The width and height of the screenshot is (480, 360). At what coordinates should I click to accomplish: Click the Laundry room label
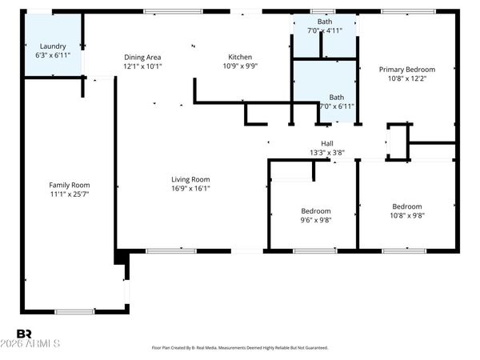pos(53,46)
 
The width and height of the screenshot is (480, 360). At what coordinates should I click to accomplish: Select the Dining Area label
pos(143,57)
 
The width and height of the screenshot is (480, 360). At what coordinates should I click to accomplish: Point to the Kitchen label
pos(240,57)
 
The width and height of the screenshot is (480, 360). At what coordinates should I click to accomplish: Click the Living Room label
pos(190,179)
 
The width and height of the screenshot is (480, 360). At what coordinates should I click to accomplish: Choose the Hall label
pos(326,144)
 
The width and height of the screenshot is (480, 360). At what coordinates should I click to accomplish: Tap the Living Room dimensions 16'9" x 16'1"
pos(190,189)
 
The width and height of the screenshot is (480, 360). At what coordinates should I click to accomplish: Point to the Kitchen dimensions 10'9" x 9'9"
pos(240,66)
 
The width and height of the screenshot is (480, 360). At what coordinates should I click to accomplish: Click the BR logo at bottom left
pos(24,333)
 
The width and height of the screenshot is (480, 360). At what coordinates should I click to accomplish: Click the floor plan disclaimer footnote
pos(240,348)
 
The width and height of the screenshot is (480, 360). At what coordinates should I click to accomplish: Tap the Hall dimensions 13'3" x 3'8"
pos(326,153)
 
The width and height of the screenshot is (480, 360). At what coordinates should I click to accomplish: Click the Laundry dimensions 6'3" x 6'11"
pos(53,56)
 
